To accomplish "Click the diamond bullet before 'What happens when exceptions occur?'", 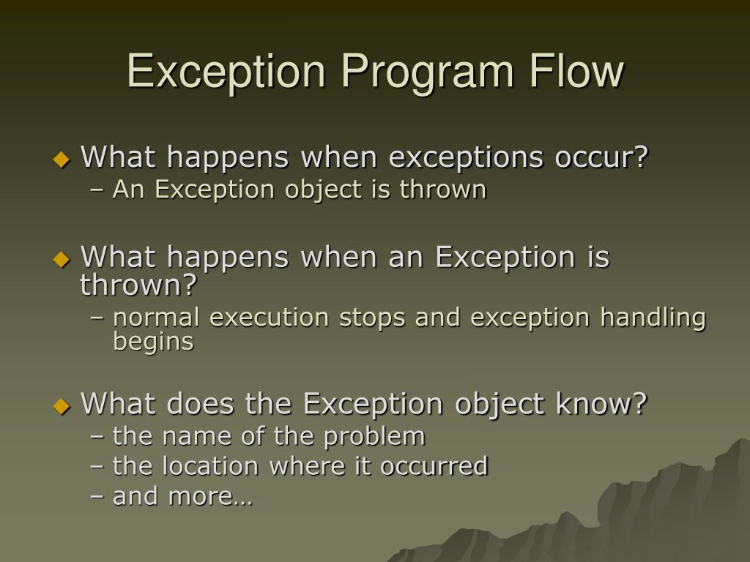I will tap(62, 159).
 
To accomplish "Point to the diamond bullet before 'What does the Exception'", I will tap(62, 405).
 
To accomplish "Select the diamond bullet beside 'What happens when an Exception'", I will tap(62, 259).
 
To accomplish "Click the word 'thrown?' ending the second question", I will tap(139, 285).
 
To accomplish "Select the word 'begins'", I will tap(153, 342).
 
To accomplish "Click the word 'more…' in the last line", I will tap(210, 497).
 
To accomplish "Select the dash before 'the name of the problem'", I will tap(97, 437).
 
